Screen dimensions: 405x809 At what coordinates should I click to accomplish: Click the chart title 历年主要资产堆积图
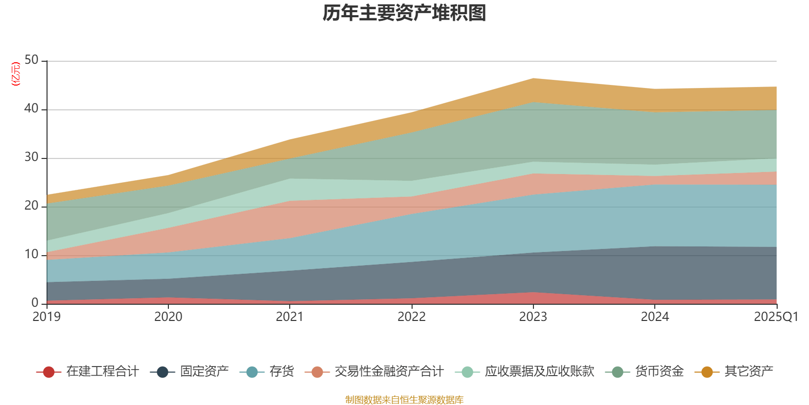pos(404,13)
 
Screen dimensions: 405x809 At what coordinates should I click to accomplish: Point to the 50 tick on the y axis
pos(31,60)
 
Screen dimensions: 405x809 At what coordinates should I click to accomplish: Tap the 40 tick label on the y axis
pos(31,108)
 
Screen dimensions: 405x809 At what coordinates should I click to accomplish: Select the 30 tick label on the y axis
pos(31,157)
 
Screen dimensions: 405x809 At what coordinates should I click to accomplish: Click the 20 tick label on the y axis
pos(31,206)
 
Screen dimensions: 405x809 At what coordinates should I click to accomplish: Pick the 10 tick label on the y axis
pos(31,254)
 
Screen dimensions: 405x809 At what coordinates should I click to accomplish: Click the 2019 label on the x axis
pos(47,317)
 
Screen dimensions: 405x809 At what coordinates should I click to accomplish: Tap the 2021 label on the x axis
pos(290,317)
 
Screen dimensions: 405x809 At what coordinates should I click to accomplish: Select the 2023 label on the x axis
pos(533,317)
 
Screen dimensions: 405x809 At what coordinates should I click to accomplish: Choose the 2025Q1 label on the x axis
pos(776,317)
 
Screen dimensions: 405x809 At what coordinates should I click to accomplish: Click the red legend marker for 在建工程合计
pos(49,372)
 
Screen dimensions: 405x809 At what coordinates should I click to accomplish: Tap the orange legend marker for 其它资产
pos(707,372)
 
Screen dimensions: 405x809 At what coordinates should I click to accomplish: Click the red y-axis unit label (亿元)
pos(16,74)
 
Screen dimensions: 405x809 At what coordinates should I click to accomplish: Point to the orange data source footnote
pos(404,400)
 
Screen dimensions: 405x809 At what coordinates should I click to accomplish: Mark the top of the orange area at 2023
pos(533,78)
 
